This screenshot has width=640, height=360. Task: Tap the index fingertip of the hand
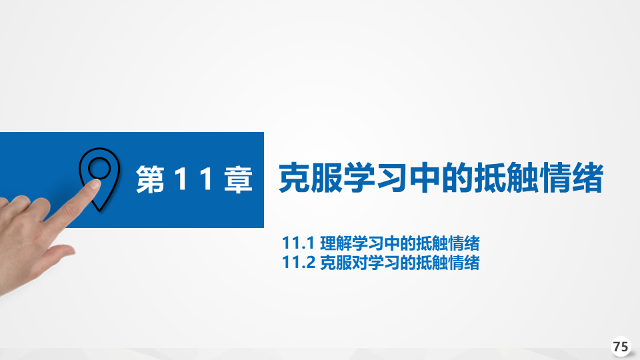tap(95, 185)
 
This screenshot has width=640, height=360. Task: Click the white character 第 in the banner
tap(150, 179)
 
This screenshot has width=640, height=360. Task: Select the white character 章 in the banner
tap(239, 179)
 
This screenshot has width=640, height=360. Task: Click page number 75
tap(621, 347)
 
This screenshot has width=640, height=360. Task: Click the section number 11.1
tap(298, 243)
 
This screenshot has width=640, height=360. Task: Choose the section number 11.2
tap(299, 262)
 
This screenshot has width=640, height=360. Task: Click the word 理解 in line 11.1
tap(336, 243)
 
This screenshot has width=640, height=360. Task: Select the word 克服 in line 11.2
tap(336, 262)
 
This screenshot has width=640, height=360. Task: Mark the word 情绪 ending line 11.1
tap(464, 243)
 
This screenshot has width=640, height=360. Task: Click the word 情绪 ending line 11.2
tap(464, 262)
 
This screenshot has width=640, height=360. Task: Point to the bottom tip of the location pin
tap(99, 211)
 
